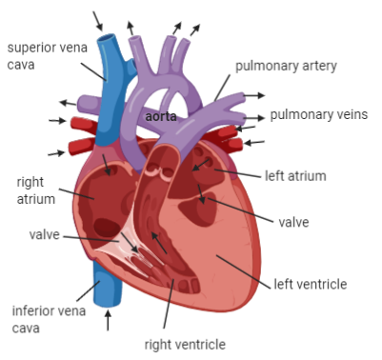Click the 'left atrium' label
click(x=295, y=176)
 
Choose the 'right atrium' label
click(x=35, y=190)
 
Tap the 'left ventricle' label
click(x=310, y=284)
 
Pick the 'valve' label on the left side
click(x=45, y=233)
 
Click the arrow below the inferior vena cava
click(x=107, y=320)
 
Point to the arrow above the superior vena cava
click(x=98, y=19)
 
